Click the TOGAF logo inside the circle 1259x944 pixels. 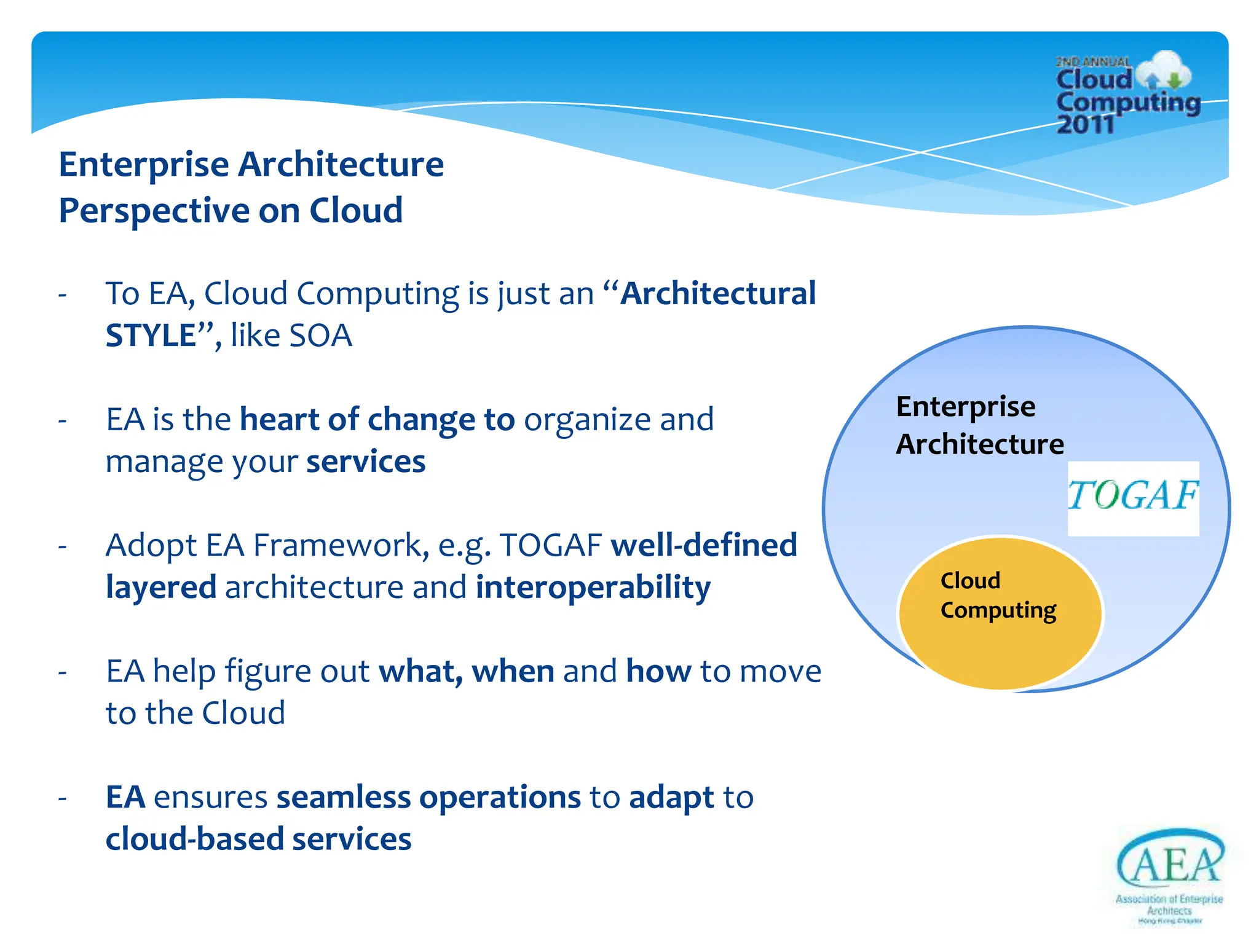click(1133, 497)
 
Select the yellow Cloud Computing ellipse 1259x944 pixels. click(1000, 639)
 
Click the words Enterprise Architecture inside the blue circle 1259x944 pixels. click(979, 425)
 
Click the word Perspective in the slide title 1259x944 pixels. click(154, 211)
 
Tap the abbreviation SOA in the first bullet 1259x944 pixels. click(320, 336)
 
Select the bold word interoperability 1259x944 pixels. click(593, 587)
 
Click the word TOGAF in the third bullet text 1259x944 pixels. click(550, 545)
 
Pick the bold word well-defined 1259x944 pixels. click(704, 545)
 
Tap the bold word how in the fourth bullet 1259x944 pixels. click(658, 671)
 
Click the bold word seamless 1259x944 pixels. click(343, 797)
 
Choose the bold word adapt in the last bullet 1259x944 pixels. click(671, 798)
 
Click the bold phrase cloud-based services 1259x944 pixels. click(258, 840)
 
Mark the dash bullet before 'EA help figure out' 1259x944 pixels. click(62, 672)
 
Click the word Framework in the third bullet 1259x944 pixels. click(341, 545)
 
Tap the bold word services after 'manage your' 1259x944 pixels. click(366, 462)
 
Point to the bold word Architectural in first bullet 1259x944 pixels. click(717, 293)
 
